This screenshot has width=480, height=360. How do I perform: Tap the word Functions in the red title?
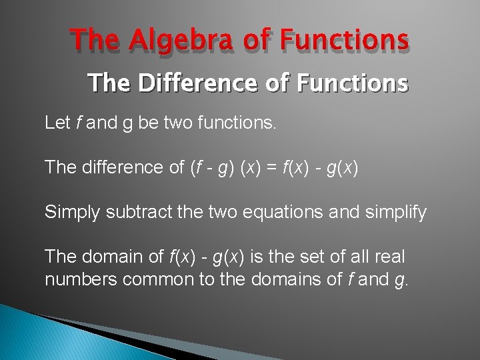click(344, 41)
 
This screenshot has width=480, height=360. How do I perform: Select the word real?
click(391, 257)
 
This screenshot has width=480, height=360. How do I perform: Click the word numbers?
click(81, 279)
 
